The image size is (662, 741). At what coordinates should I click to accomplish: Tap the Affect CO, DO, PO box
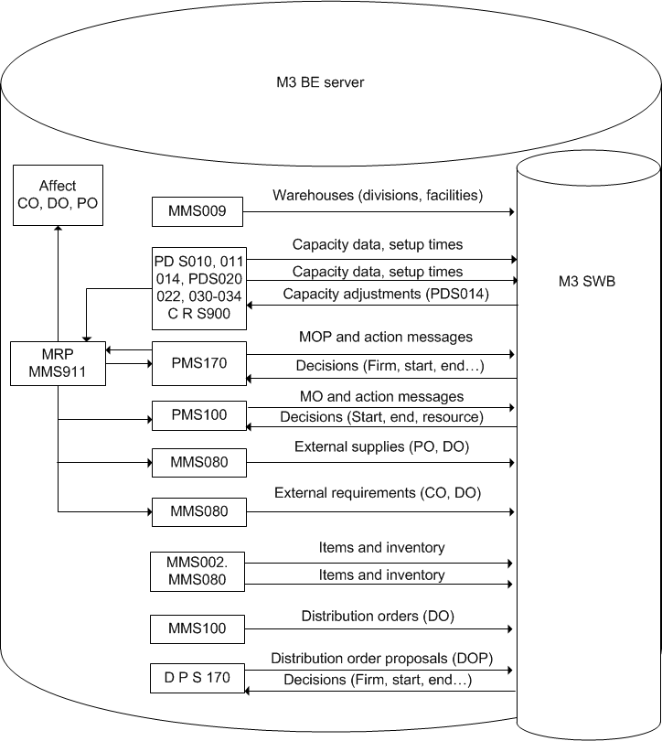coord(58,195)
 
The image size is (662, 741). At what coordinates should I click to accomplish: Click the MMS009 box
coord(198,213)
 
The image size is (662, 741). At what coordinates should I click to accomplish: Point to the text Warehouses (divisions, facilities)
coord(377,195)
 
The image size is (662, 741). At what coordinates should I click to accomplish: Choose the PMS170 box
coord(198,362)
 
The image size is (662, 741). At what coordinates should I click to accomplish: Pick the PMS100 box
coord(198,415)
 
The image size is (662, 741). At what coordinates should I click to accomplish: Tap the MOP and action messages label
coord(386,337)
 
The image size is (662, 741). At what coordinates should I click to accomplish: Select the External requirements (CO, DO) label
coord(377,493)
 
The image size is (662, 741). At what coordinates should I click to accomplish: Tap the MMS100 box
coord(198,629)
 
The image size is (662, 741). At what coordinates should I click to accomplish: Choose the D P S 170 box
coord(198,679)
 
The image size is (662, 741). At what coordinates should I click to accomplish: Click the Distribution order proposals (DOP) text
coord(381,659)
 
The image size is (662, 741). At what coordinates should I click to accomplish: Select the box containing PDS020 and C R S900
coord(198,287)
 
